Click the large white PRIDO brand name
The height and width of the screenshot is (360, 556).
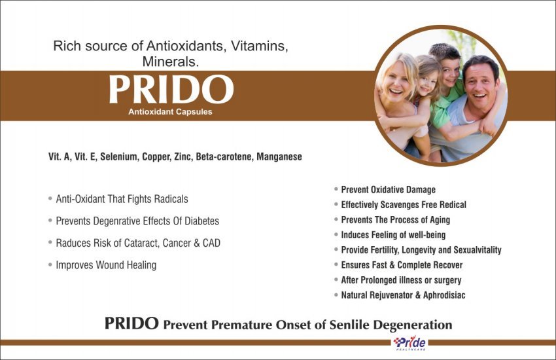[x=171, y=89]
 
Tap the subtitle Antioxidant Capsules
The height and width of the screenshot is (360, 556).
[x=170, y=112]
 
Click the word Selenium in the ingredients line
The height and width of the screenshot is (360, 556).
[x=118, y=157]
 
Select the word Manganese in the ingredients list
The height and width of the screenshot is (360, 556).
[x=279, y=157]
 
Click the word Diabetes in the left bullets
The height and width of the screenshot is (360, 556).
[x=201, y=221]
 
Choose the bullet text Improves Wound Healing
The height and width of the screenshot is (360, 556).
[x=106, y=265]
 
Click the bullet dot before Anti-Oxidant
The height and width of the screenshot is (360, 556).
[x=50, y=198]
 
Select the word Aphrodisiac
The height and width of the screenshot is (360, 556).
[x=444, y=295]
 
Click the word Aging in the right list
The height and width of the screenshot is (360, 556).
[x=440, y=220]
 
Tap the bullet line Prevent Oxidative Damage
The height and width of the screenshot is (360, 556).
[x=389, y=190]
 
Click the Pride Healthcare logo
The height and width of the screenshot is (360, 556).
[x=409, y=343]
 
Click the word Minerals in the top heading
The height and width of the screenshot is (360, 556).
[x=170, y=62]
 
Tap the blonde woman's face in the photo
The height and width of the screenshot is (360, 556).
[x=396, y=82]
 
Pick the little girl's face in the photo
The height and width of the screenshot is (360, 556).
[x=428, y=82]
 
